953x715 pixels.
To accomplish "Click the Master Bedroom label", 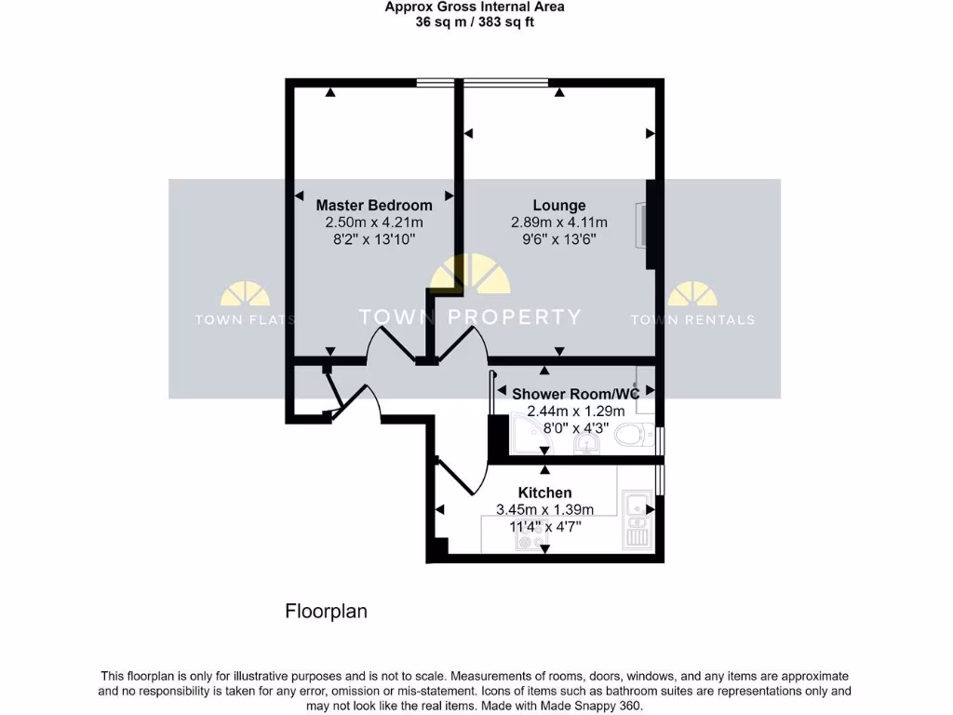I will pos(374,205).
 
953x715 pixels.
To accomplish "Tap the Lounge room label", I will pos(558,205).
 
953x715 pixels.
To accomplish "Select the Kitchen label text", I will pos(544,492).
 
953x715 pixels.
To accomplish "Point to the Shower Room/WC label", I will pos(575,394).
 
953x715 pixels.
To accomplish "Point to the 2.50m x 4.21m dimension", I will pos(374,223).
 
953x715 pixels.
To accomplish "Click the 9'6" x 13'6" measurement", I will pos(558,239).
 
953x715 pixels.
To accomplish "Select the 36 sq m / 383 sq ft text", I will pos(475,22).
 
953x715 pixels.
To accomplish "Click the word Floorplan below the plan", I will pos(326,612).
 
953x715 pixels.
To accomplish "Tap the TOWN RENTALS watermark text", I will pos(692,319).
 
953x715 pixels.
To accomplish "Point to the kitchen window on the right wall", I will pos(660,479).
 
